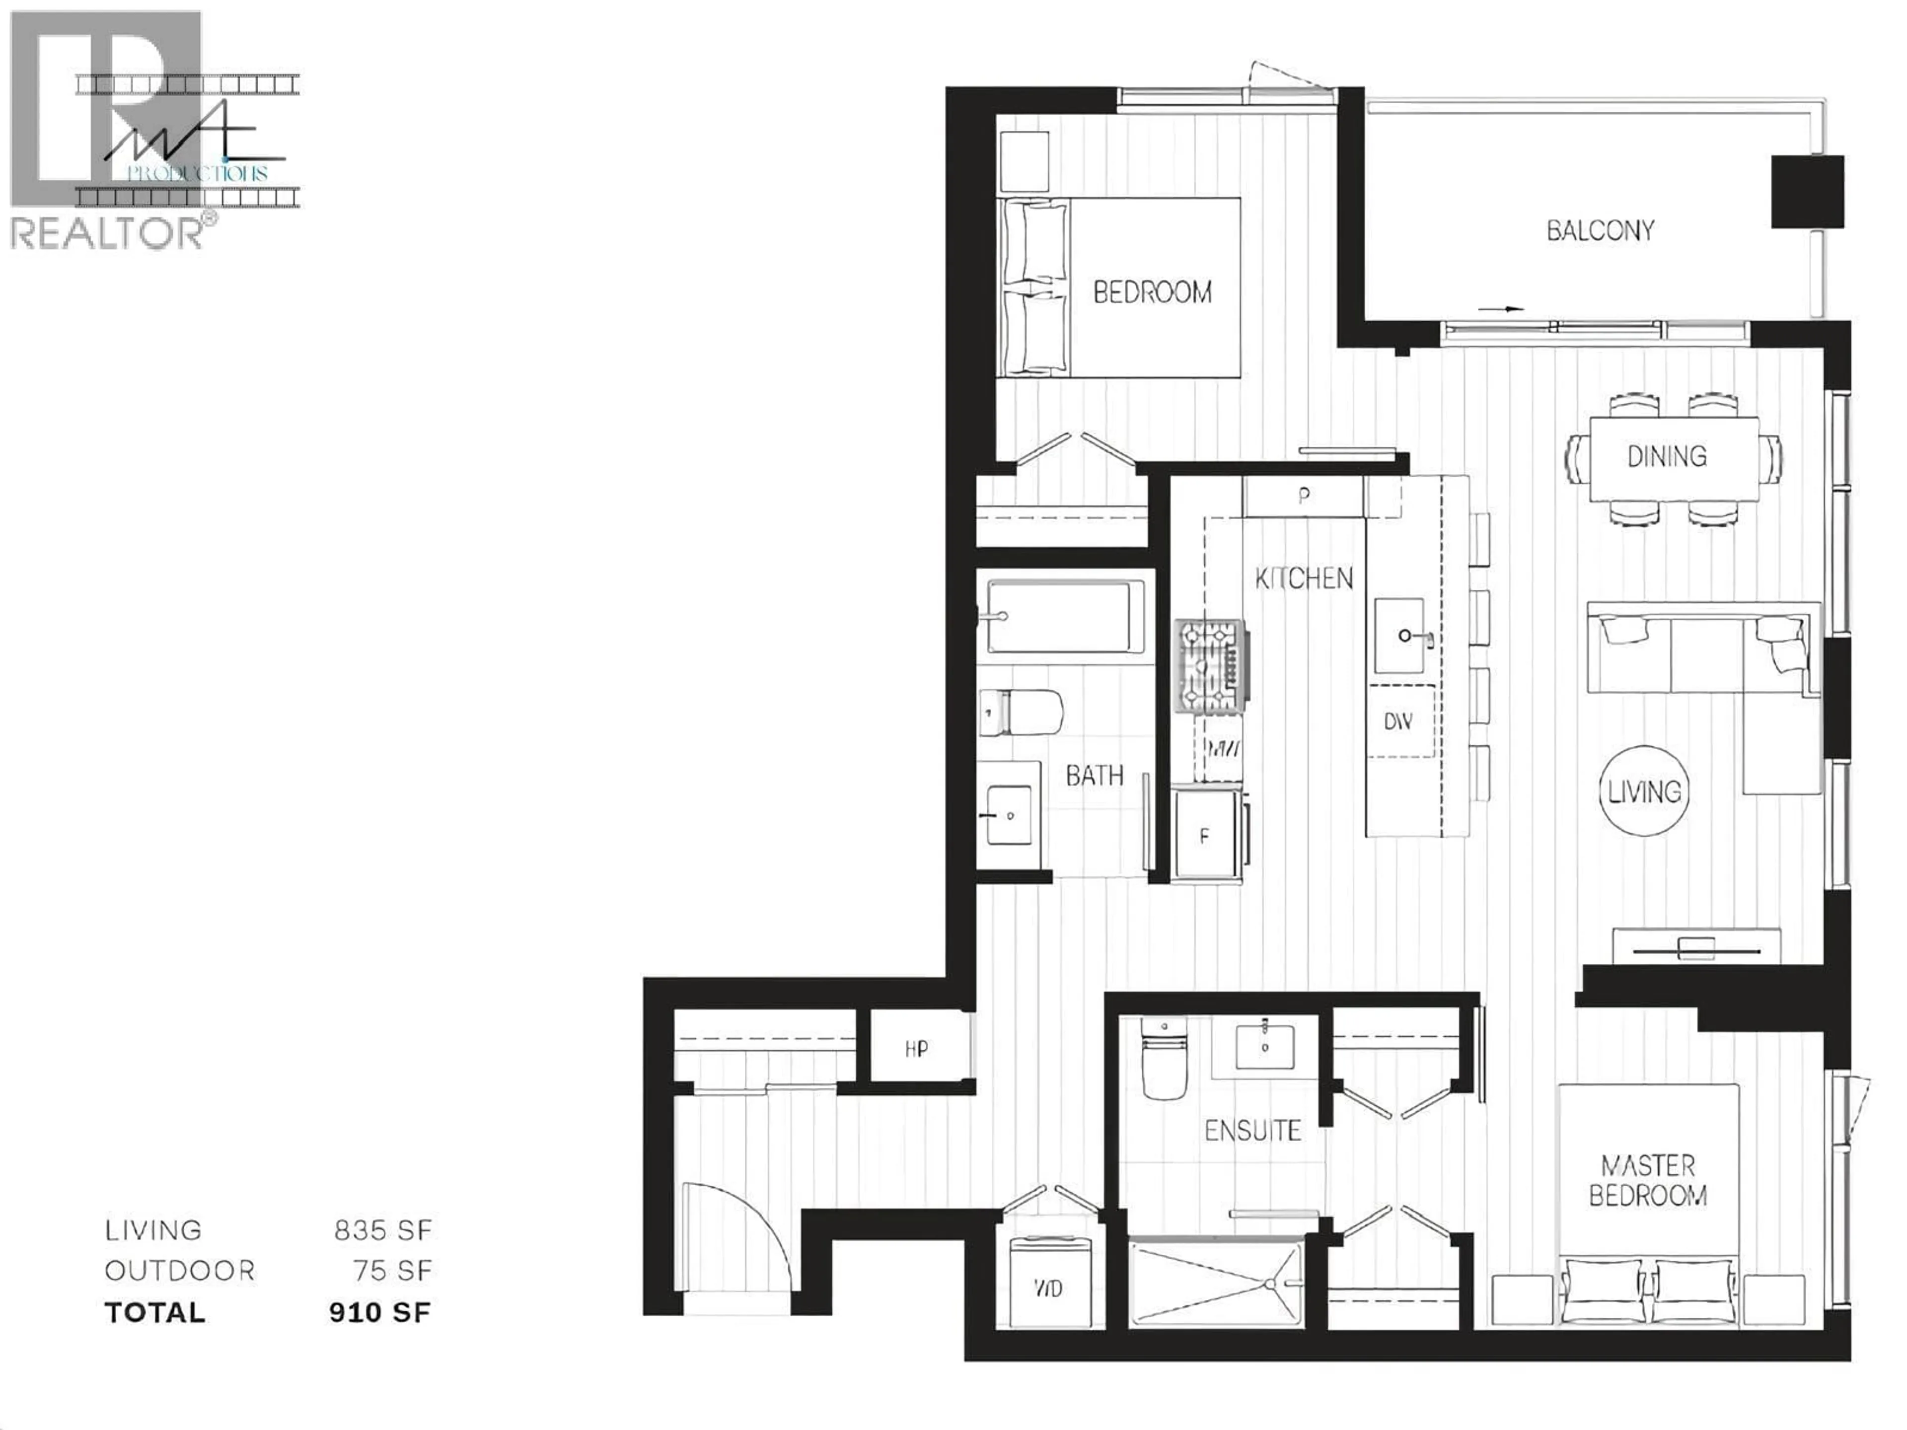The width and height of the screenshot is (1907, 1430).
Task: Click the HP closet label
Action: click(916, 1049)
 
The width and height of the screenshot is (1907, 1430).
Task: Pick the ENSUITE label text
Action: click(1252, 1130)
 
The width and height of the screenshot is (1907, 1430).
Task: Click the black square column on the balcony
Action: click(1807, 191)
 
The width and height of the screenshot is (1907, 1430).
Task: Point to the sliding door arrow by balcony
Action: click(1501, 308)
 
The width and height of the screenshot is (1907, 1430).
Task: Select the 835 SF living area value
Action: click(383, 1230)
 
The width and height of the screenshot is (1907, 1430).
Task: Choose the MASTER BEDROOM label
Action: click(1647, 1180)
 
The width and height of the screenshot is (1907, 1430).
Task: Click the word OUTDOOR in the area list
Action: click(179, 1271)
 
